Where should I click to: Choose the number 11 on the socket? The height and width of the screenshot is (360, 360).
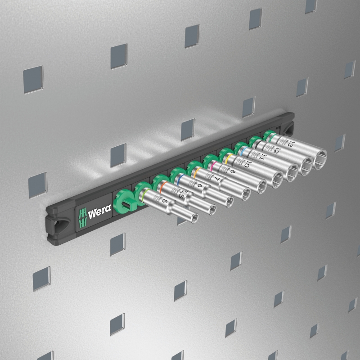[x=262, y=157]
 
